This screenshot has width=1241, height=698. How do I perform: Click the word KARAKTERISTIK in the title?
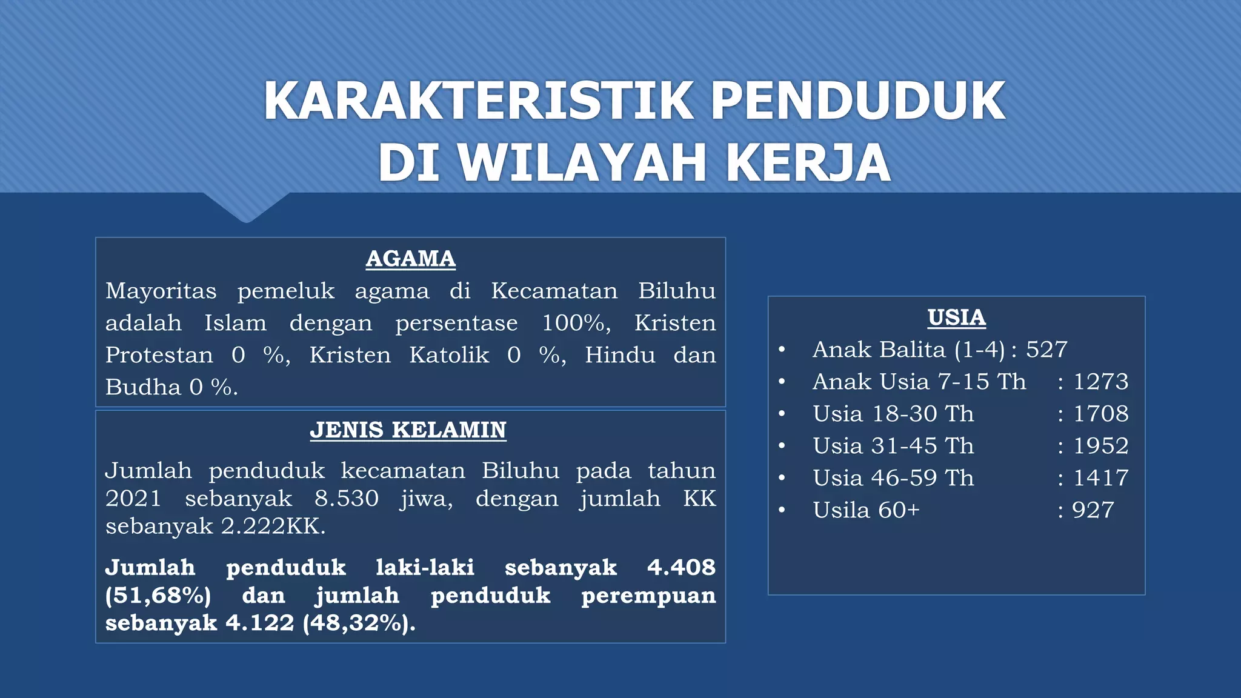pos(479,101)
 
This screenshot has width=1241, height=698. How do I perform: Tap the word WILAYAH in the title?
pos(582,162)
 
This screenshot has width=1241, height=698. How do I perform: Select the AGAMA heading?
pos(410,259)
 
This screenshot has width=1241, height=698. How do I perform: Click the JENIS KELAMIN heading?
pos(408,430)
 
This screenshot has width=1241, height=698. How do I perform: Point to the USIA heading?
pos(956,317)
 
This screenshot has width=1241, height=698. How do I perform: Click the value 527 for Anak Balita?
pos(1046,350)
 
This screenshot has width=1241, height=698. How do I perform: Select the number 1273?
pos(1100,382)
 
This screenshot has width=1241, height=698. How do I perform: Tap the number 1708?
pos(1100,414)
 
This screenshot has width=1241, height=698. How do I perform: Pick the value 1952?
pos(1100,446)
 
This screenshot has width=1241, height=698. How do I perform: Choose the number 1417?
pos(1100,478)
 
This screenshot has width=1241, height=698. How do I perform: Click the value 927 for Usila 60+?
pos(1093,510)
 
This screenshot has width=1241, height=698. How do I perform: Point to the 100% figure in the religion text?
pos(576,323)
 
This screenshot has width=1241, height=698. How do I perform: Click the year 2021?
pos(133,499)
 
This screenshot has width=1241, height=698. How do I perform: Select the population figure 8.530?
pos(346,499)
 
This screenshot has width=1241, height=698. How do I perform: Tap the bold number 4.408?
pos(681,567)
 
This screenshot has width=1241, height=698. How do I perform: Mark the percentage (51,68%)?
pos(158,595)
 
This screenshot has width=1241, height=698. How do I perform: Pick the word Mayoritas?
pos(161,291)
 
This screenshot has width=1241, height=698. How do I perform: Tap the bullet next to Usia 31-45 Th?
pos(782,446)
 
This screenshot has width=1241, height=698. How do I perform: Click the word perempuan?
pos(648,595)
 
